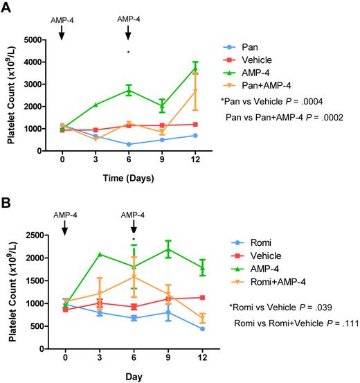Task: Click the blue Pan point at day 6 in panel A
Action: click(129, 144)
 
